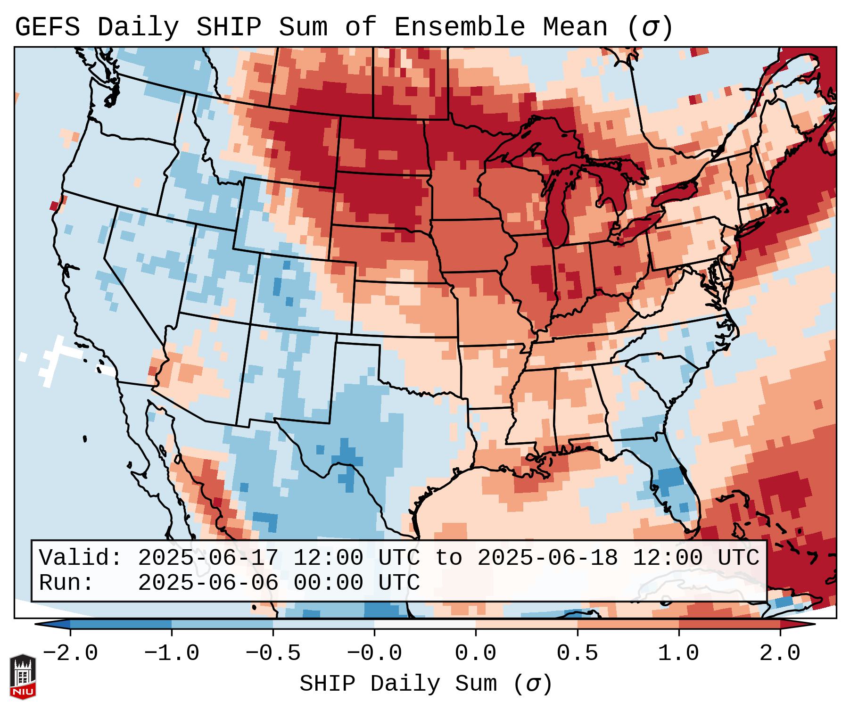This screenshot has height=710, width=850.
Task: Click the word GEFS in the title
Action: coord(47,27)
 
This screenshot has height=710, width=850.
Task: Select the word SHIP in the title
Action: coord(228,27)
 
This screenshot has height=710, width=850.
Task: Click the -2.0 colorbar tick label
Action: coord(70,653)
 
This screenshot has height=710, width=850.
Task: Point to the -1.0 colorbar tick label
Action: coord(172,653)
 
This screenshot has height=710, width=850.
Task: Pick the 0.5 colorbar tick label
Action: coord(578,653)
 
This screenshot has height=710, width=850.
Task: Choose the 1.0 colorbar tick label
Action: coord(679,653)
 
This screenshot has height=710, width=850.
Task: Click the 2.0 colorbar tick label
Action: coord(780,653)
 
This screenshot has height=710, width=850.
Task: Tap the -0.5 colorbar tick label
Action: coord(273,653)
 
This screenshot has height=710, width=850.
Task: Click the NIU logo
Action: coord(23,677)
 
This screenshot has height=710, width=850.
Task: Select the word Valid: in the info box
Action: coord(81,558)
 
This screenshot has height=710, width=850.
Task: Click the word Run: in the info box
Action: coord(66,583)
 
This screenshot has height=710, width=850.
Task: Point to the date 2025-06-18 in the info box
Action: coord(547,558)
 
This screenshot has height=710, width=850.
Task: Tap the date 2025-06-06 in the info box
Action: coord(208,583)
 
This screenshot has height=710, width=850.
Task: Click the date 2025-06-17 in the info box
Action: coord(208,558)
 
